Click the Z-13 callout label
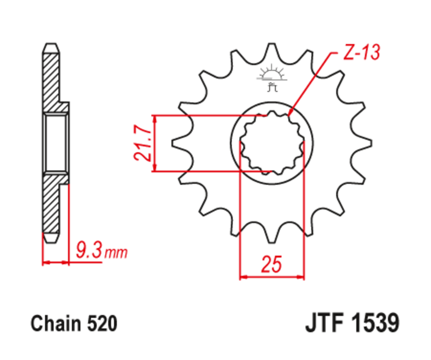click(361, 53)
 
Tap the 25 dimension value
click(272, 265)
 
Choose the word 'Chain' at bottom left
click(53, 324)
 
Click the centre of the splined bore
click(272, 142)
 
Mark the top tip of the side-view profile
click(51, 45)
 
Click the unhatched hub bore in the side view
click(57, 143)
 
